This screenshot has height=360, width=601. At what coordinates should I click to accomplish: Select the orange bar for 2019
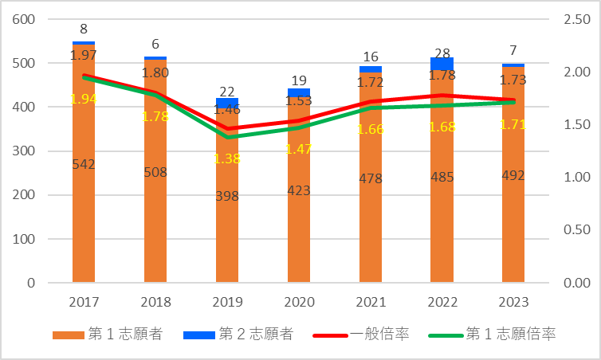coord(227,231)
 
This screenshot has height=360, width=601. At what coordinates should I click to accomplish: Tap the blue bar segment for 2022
coord(442,63)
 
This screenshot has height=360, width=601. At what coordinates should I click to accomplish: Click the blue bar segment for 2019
coord(227,103)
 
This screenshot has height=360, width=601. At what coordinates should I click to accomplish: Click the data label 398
coord(227,196)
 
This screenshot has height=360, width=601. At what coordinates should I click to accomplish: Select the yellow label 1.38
coord(227,159)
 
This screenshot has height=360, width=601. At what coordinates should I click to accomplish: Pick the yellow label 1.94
coord(84,99)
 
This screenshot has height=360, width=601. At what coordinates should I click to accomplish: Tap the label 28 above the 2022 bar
coord(442,46)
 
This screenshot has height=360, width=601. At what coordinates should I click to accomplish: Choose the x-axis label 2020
coord(299,303)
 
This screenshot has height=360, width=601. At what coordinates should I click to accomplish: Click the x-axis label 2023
coord(513,303)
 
